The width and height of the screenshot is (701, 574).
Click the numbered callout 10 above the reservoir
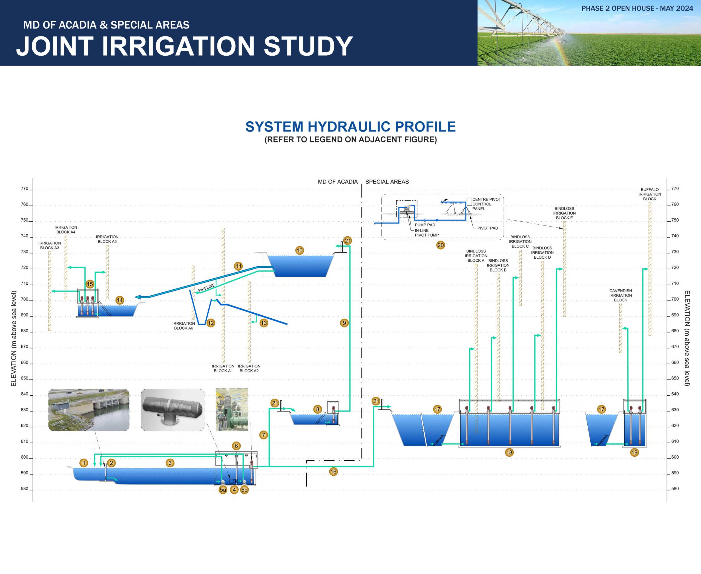(x=300, y=251)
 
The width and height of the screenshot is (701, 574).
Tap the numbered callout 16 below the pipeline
(x=333, y=472)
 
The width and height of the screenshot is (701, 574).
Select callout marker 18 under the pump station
(x=509, y=453)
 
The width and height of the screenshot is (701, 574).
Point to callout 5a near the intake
(x=223, y=490)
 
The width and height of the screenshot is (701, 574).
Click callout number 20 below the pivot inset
(x=441, y=245)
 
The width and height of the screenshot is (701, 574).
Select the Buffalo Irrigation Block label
(x=650, y=194)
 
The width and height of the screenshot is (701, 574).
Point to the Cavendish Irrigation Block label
(x=620, y=295)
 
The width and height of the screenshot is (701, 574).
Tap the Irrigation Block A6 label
(x=183, y=326)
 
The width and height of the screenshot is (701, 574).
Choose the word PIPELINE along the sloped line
(x=206, y=288)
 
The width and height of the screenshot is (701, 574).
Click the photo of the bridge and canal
(x=88, y=410)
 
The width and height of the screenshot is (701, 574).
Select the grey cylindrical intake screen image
(x=172, y=410)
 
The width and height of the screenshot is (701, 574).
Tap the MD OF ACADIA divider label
(x=338, y=182)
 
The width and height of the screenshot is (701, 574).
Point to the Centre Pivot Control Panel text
(x=487, y=204)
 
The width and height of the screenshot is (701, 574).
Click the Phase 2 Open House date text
(x=637, y=8)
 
